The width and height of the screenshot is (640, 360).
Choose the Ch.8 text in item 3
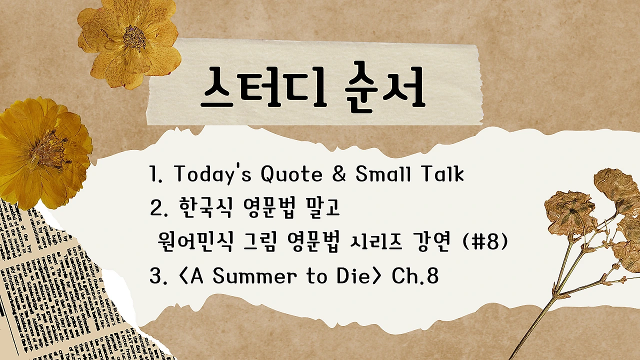[415, 276]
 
